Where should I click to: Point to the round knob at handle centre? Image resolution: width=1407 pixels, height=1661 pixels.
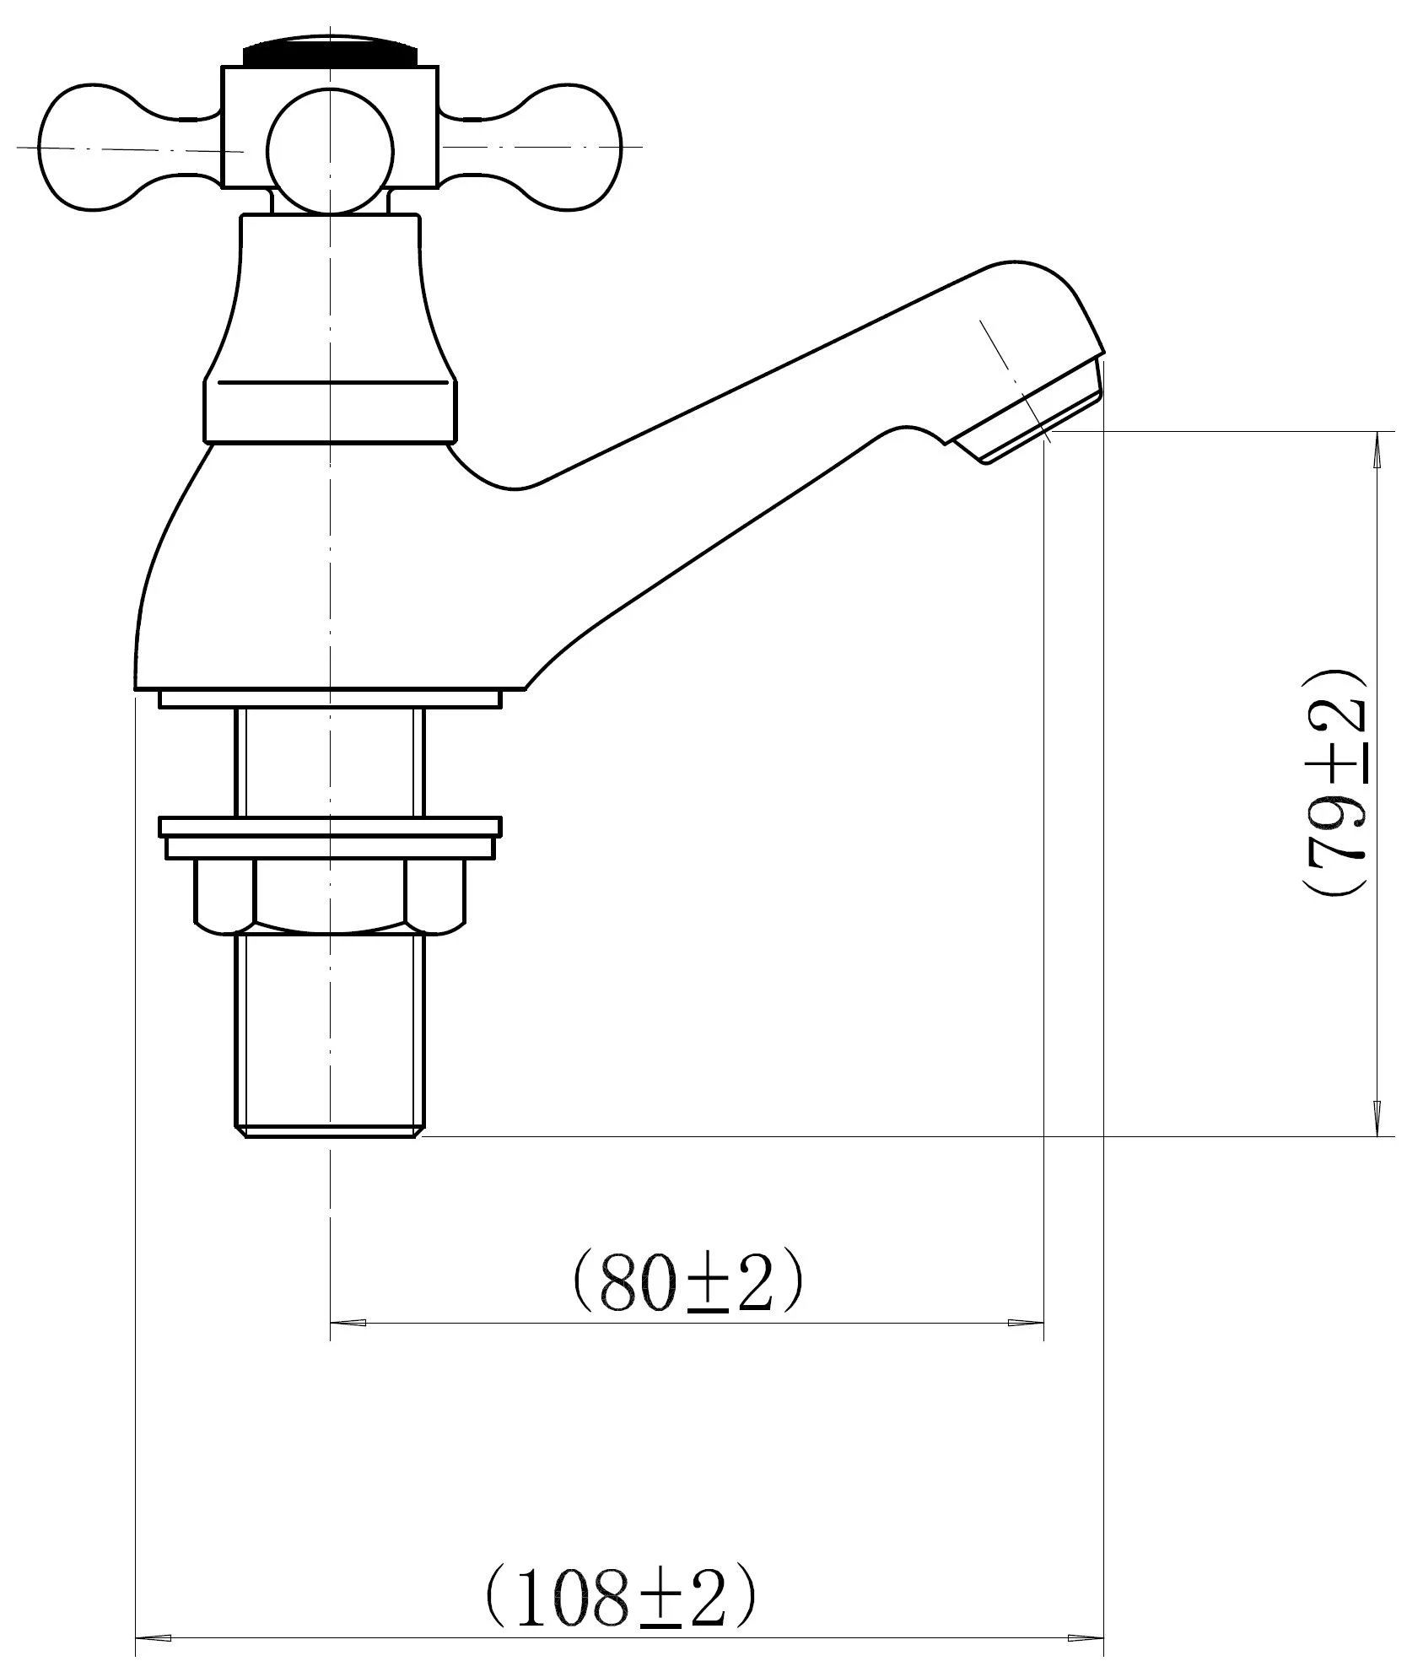[x=330, y=150]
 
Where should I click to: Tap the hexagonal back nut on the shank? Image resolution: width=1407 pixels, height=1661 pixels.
[x=330, y=896]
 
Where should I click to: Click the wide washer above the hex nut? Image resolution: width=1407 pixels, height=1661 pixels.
[x=330, y=837]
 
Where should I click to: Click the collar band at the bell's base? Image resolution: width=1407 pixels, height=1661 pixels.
[x=330, y=411]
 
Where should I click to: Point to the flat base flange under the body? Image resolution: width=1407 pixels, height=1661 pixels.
[x=330, y=698]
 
